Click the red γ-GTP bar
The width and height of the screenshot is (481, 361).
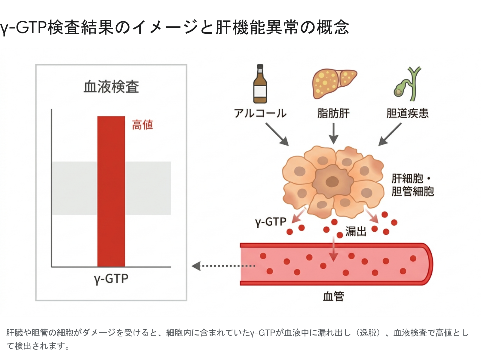point(111,191)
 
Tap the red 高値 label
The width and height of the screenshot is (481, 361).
point(142,125)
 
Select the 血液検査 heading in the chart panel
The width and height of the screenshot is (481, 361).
point(111,87)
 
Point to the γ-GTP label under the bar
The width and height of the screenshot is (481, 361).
point(111,279)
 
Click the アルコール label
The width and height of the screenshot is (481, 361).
point(260,113)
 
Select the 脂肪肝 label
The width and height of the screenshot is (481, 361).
point(333,113)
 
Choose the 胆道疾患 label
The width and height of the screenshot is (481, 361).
point(407,113)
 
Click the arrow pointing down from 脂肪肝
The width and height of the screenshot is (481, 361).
point(333,134)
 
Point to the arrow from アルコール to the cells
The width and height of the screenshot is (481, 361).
point(277,134)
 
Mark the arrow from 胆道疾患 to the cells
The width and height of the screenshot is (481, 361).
point(390,134)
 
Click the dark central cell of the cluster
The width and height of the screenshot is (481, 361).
point(332,181)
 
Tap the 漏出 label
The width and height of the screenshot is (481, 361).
point(356,232)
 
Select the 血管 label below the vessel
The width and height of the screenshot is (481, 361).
point(333,297)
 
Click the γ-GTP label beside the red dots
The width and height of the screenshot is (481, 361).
point(271,222)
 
